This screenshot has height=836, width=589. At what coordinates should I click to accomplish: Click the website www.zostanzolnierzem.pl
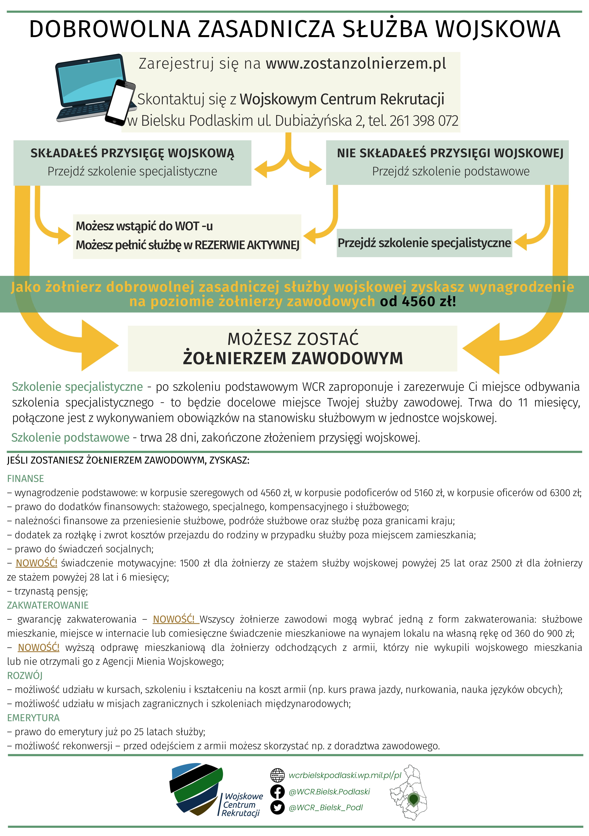click(x=356, y=64)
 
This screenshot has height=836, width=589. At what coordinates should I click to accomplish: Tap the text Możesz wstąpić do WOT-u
click(x=144, y=226)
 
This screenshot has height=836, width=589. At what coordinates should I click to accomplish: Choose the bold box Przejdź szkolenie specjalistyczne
click(x=424, y=243)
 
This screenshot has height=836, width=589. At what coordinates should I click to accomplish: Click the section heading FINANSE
click(x=25, y=478)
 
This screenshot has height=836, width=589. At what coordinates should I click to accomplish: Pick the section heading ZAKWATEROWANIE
click(x=48, y=605)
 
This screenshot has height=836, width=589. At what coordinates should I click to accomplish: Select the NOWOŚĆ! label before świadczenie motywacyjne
click(x=36, y=563)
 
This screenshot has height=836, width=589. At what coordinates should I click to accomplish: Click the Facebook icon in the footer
click(x=277, y=792)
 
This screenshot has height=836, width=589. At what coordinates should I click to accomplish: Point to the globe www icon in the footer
click(x=277, y=775)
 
